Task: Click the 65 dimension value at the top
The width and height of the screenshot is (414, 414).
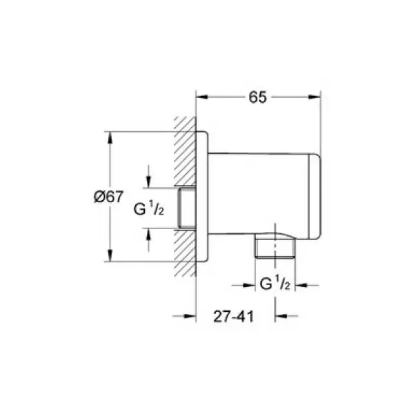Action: pyautogui.click(x=257, y=97)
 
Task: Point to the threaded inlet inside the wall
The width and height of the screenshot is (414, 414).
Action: pyautogui.click(x=186, y=208)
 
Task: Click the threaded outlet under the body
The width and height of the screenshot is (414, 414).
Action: pyautogui.click(x=274, y=248)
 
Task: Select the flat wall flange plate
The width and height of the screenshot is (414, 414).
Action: pyautogui.click(x=203, y=196)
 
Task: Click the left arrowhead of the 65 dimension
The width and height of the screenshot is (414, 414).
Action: pyautogui.click(x=201, y=97)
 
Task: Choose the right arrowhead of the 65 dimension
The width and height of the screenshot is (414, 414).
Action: pyautogui.click(x=317, y=97)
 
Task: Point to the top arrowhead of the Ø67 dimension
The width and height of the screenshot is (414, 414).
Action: pyautogui.click(x=108, y=135)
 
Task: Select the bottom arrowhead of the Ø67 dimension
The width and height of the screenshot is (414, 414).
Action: pyautogui.click(x=108, y=257)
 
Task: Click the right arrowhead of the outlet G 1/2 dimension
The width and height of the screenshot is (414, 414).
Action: pyautogui.click(x=302, y=284)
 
